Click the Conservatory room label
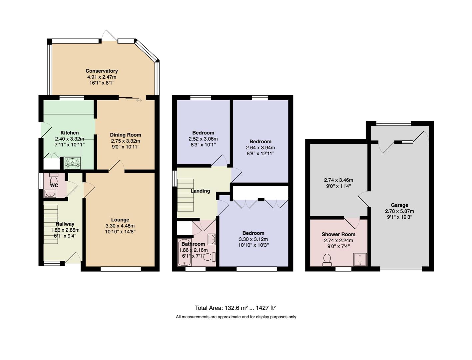[x=102, y=71]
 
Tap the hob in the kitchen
[x=73, y=163]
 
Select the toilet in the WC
[x=53, y=178]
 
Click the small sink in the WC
[x=50, y=194]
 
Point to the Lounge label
[x=120, y=220]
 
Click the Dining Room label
[x=125, y=135]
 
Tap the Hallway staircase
[x=51, y=224]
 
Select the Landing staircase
[x=185, y=195]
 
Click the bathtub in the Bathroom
[x=184, y=252]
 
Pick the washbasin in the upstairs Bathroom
[x=212, y=239]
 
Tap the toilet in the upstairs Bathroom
[x=210, y=257]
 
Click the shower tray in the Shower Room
[x=360, y=260]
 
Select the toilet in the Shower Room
[x=327, y=260]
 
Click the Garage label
[x=399, y=205]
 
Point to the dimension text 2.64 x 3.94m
[x=260, y=148]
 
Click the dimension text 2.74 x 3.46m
[x=338, y=180]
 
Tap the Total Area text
[x=235, y=308]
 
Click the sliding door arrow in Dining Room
[x=139, y=100]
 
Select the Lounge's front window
[x=121, y=269]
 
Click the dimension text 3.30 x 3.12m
[x=253, y=239]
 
